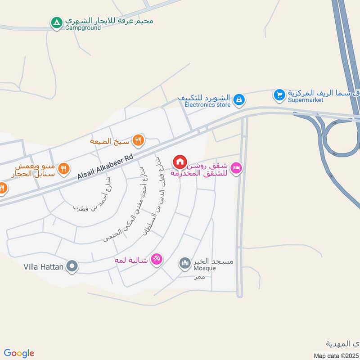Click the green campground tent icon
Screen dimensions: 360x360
(56, 22)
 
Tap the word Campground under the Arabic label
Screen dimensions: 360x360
(83, 28)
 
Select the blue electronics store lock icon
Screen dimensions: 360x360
(239, 99)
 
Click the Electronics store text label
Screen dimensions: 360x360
(207, 105)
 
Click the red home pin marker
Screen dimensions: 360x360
(180, 161)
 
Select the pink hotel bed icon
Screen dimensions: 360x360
(236, 168)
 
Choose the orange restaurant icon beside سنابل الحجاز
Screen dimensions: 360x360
(64, 168)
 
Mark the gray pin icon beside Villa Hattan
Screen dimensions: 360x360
(72, 267)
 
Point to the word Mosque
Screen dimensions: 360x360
(205, 269)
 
